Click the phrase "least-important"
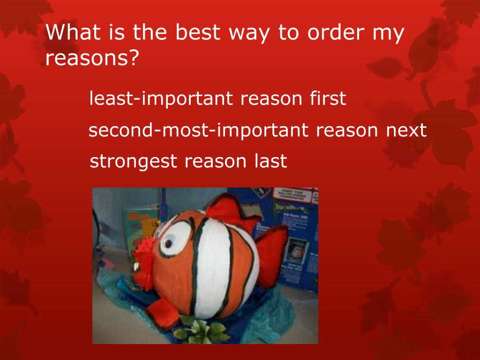pos(161,99)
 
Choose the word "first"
pos(328,99)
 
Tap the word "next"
pos(406,130)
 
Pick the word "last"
pos(270,161)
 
